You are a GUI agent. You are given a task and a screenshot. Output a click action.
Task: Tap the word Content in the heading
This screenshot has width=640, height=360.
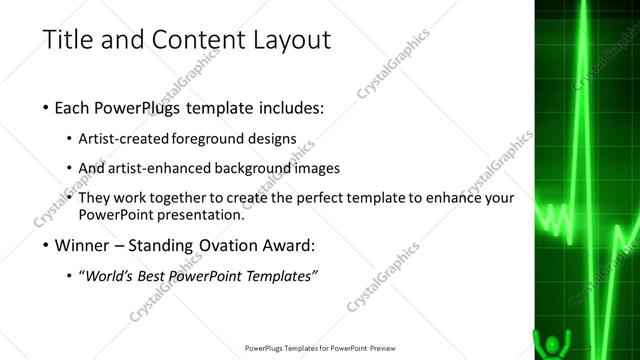click(x=187, y=41)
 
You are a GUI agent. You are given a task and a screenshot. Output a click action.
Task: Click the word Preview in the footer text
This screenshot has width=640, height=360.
click(x=383, y=348)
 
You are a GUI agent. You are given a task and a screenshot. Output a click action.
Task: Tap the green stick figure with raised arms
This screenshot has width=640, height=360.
click(x=549, y=343)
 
